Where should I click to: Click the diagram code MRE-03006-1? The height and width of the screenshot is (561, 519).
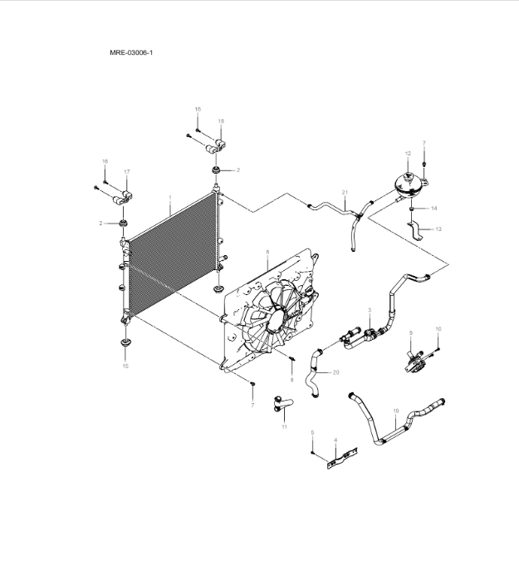pyautogui.click(x=131, y=52)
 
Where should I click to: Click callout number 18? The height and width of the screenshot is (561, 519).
pyautogui.click(x=221, y=122)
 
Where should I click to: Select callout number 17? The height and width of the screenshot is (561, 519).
pyautogui.click(x=127, y=172)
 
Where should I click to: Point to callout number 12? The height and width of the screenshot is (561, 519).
pyautogui.click(x=408, y=154)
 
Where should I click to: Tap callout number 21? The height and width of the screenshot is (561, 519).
pyautogui.click(x=345, y=192)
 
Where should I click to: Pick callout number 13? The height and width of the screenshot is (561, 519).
pyautogui.click(x=439, y=227)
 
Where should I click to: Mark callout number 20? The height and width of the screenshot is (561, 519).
pyautogui.click(x=335, y=372)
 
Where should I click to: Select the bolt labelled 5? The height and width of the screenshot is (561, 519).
pyautogui.click(x=311, y=453)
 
